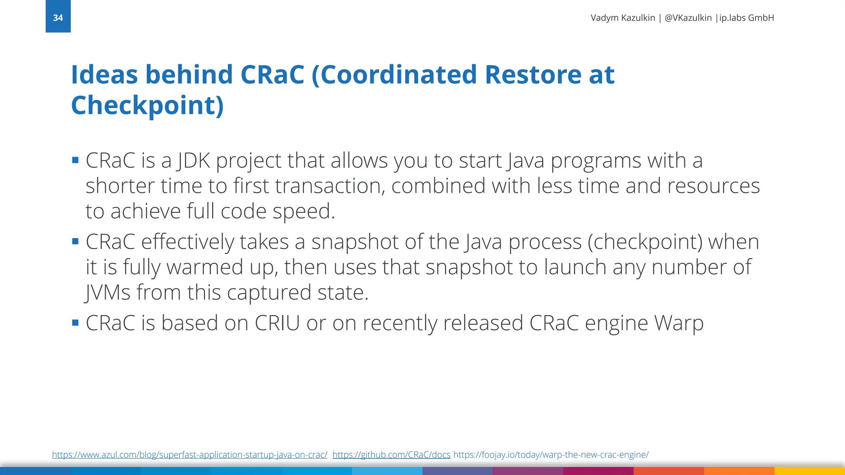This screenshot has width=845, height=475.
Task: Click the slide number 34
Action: tap(58, 18)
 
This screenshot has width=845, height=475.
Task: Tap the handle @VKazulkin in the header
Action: tap(688, 18)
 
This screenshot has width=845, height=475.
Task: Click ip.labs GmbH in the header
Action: tap(746, 18)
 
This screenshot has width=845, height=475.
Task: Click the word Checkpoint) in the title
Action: tap(147, 106)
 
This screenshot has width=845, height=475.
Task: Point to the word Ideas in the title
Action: tap(104, 75)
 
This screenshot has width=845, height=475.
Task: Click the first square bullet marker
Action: tap(75, 160)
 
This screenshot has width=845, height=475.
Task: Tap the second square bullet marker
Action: tap(75, 242)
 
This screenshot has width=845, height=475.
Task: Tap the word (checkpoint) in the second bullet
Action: tap(644, 242)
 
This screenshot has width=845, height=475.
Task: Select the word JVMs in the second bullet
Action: tap(108, 293)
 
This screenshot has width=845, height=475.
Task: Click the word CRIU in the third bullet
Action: tap(277, 323)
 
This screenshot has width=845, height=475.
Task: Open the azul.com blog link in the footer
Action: tap(189, 455)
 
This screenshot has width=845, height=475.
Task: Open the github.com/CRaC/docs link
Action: tap(391, 455)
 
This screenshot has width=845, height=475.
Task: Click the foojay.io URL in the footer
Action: tap(551, 455)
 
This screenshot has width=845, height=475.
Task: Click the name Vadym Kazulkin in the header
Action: tap(623, 18)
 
